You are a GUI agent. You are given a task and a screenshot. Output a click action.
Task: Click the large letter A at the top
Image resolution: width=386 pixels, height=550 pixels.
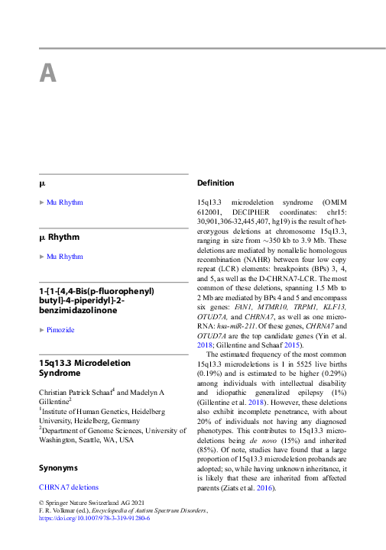[x=47, y=73]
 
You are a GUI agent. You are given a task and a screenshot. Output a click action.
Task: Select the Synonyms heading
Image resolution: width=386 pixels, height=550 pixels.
[x=58, y=467]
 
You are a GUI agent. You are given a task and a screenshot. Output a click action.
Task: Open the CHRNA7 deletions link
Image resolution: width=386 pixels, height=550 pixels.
[x=69, y=487]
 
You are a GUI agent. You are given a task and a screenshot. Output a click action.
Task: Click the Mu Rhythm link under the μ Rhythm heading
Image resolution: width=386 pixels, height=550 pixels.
[x=65, y=257]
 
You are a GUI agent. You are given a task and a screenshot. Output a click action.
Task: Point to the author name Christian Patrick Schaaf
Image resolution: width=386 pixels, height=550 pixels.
[x=74, y=391]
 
